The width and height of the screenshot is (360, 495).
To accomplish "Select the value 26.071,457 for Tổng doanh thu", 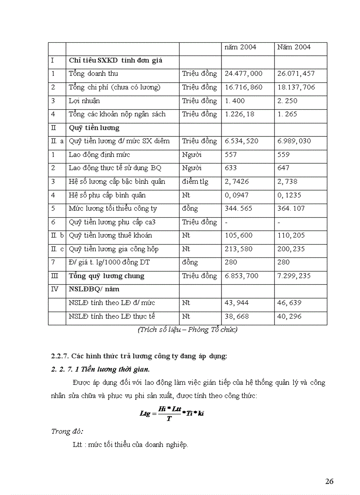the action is (296, 74).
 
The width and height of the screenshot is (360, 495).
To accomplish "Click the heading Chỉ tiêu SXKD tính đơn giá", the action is (116, 60).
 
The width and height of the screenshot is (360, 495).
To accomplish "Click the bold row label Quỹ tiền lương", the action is (94, 128).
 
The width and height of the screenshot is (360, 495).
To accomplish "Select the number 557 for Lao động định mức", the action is (231, 155).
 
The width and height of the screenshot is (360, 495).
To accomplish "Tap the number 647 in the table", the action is (283, 168).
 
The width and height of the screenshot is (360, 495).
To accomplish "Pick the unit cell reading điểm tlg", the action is (195, 182).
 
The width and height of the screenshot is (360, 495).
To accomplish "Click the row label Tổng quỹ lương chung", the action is (106, 276).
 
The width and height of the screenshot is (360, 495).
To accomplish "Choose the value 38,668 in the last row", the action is (237, 316).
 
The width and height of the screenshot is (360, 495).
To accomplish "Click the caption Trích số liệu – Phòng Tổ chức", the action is (187, 330).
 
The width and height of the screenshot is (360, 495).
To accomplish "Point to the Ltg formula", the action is (174, 414).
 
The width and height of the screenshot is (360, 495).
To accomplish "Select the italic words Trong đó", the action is (67, 432).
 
